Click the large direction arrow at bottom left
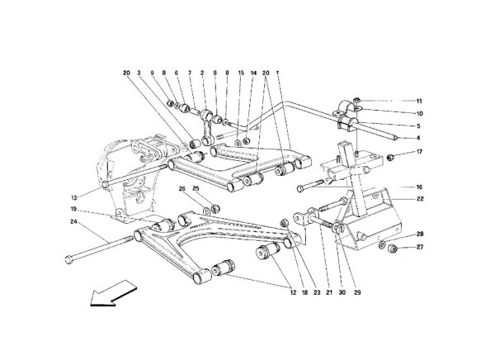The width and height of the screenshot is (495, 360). click(113, 293)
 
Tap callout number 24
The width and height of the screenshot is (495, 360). click(73, 221)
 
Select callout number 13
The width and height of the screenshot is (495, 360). click(74, 198)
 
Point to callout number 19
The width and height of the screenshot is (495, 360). click(73, 209)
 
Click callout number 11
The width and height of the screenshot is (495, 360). click(419, 102)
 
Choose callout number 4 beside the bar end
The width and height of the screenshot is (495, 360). click(418, 138)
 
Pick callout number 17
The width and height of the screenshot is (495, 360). click(419, 152)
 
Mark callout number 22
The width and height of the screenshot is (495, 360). click(420, 199)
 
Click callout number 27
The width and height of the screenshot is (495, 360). click(420, 247)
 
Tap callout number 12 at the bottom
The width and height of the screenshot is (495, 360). click(293, 292)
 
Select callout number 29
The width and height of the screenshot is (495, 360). click(357, 292)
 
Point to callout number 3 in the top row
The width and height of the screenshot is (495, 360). click(139, 73)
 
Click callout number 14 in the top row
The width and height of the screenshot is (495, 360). click(253, 73)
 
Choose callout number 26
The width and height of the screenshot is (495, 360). click(181, 189)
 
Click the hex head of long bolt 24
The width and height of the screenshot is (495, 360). click(68, 260)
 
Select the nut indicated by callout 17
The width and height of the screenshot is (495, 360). click(391, 156)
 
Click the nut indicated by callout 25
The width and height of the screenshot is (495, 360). click(216, 209)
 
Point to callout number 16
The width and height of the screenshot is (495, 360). click(419, 187)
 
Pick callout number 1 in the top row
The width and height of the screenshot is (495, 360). click(277, 73)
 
